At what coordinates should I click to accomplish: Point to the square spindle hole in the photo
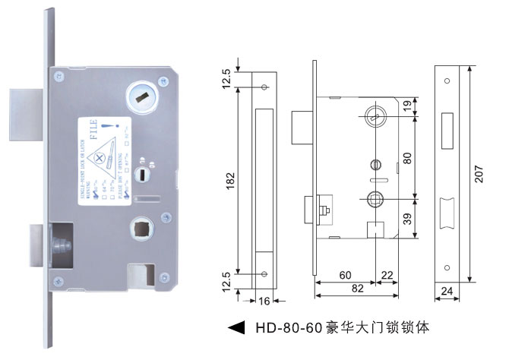click(x=142, y=226)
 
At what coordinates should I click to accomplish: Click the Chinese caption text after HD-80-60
click(x=371, y=329)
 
